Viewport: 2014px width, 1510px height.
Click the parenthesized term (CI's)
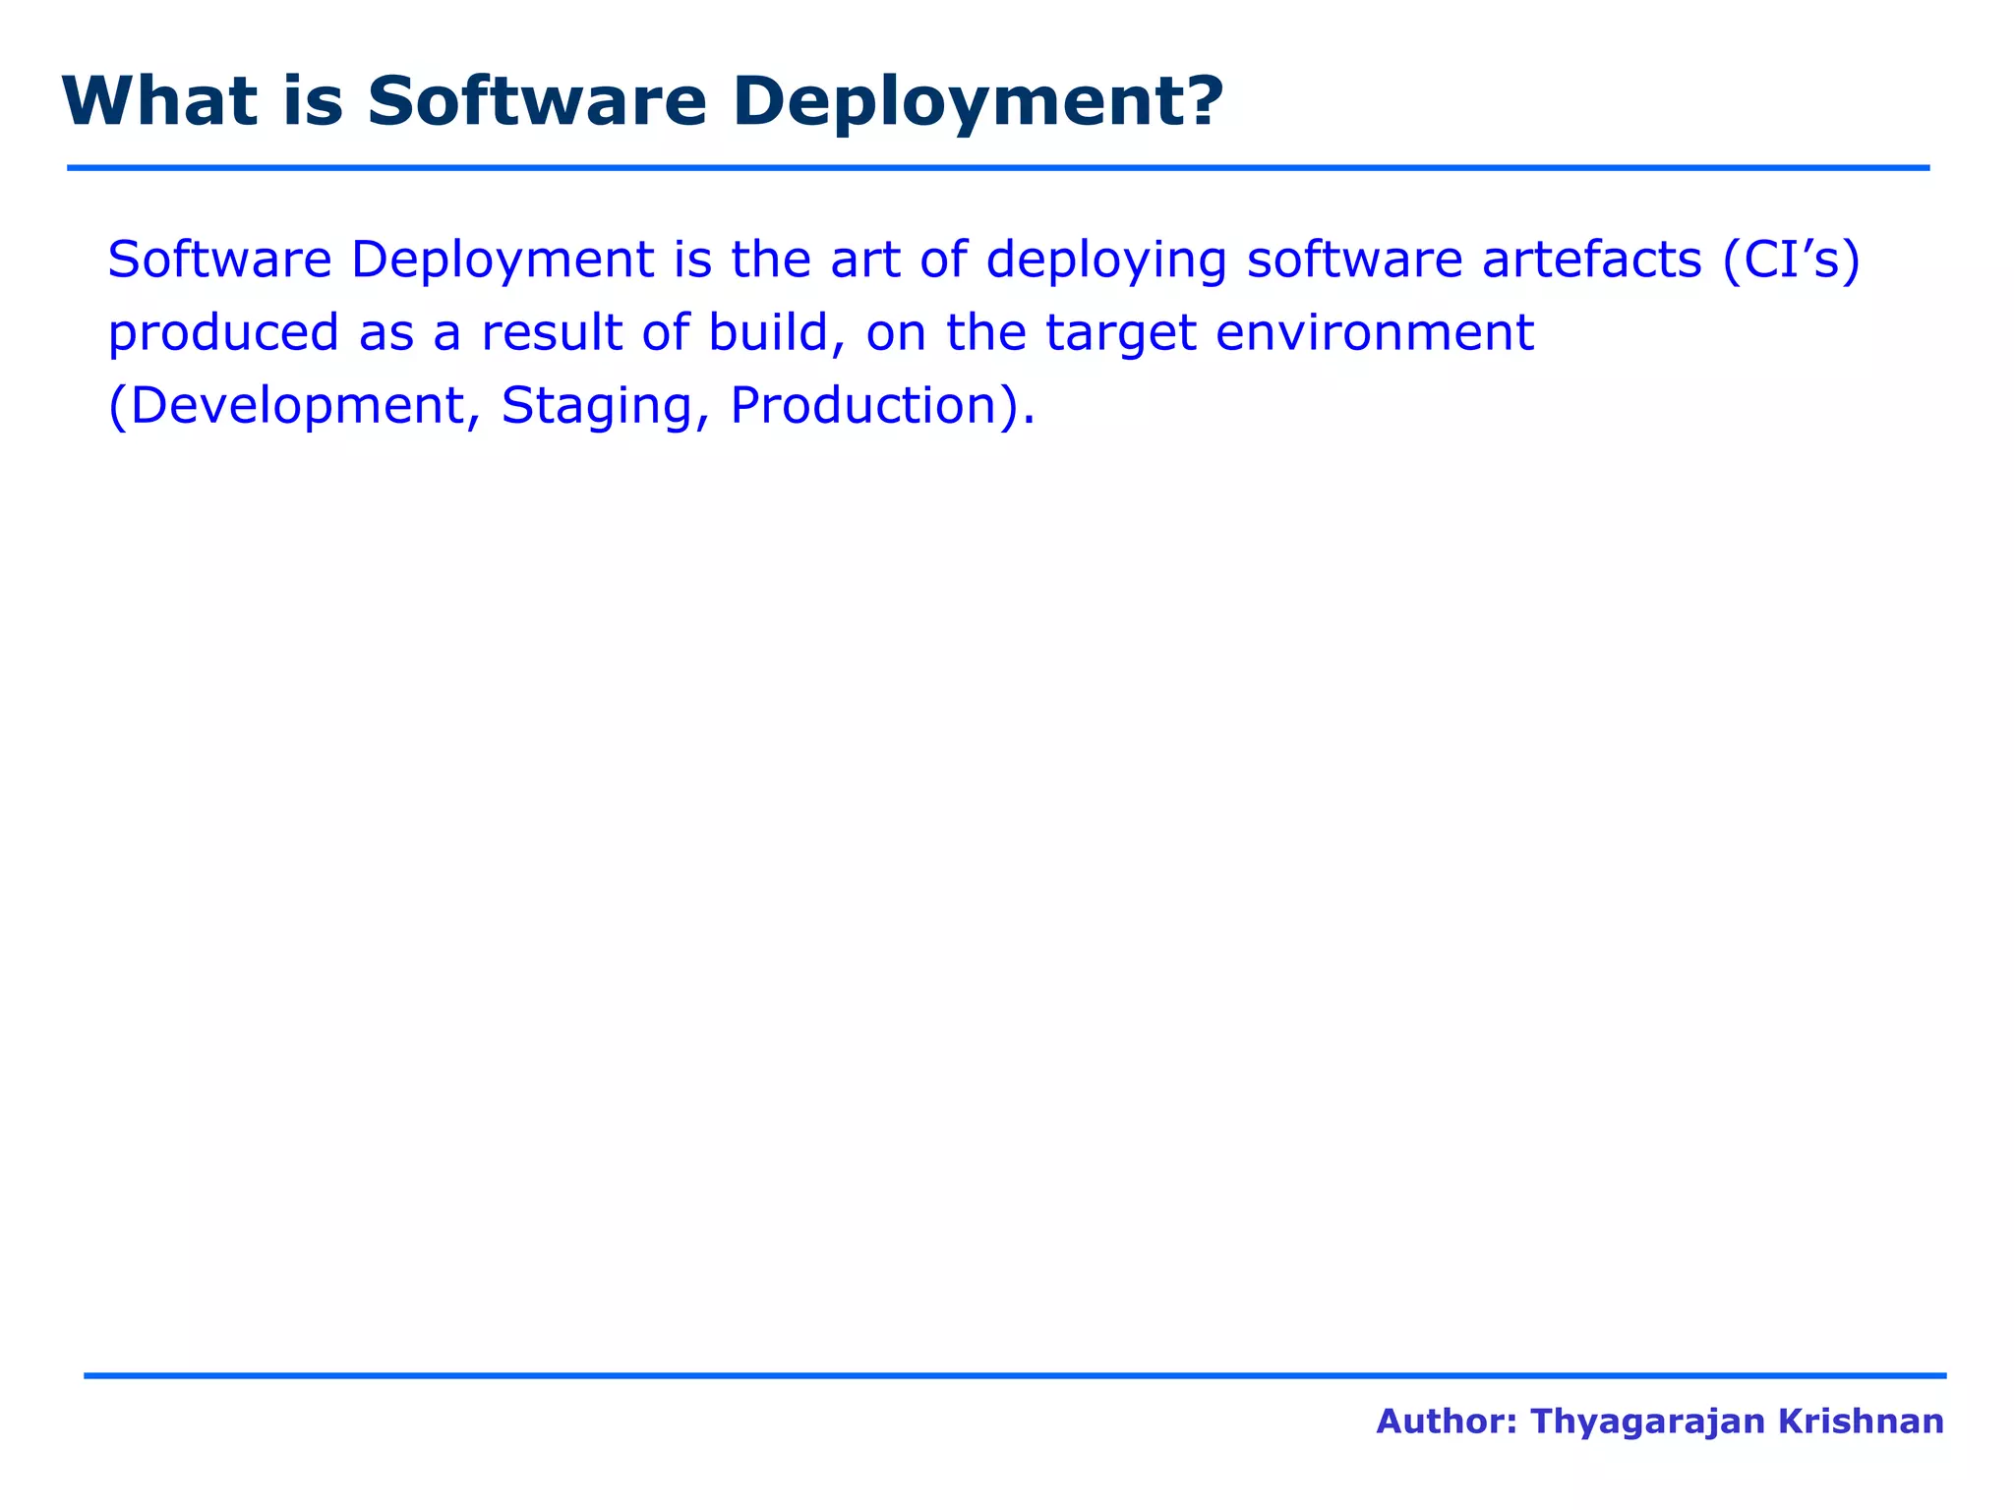pyautogui.click(x=1791, y=261)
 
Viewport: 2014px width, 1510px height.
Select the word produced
pyautogui.click(x=222, y=334)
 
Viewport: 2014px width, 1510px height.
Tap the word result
pyautogui.click(x=551, y=332)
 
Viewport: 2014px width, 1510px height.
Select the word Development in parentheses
pyautogui.click(x=295, y=407)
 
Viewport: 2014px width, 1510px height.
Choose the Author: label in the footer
pyautogui.click(x=1446, y=1422)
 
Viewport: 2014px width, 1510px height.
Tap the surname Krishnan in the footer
pyautogui.click(x=1863, y=1422)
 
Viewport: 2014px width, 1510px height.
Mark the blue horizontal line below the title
pyautogui.click(x=998, y=168)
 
